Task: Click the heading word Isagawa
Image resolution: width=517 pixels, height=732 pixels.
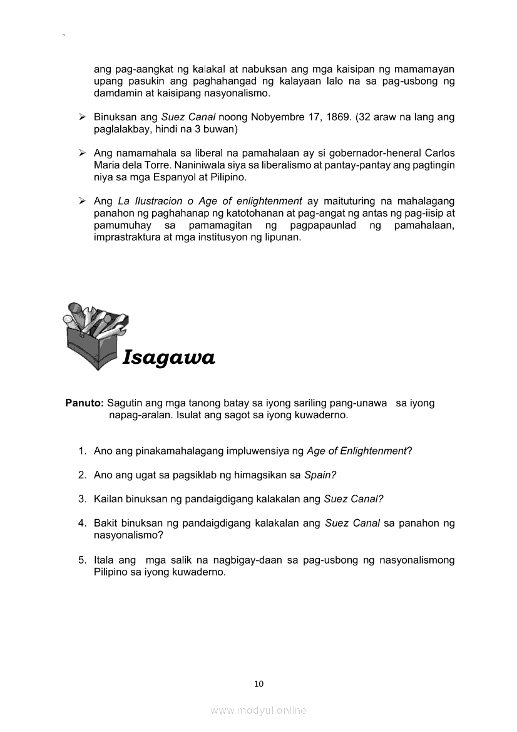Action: coord(169,358)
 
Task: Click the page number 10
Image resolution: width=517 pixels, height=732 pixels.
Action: coord(258,684)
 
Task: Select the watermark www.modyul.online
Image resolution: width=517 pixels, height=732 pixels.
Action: coord(258,711)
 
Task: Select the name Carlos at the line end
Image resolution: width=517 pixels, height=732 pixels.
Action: coord(440,153)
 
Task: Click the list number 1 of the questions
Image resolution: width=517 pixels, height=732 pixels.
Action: coord(82,451)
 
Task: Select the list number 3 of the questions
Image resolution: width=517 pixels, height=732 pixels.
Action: coord(82,499)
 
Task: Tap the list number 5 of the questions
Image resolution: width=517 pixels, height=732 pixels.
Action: coord(82,560)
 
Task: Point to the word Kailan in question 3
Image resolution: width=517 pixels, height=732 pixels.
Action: coord(107,499)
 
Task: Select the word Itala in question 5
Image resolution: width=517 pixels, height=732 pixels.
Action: coord(104,560)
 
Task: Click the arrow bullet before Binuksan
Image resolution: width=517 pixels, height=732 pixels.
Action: coord(82,117)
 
